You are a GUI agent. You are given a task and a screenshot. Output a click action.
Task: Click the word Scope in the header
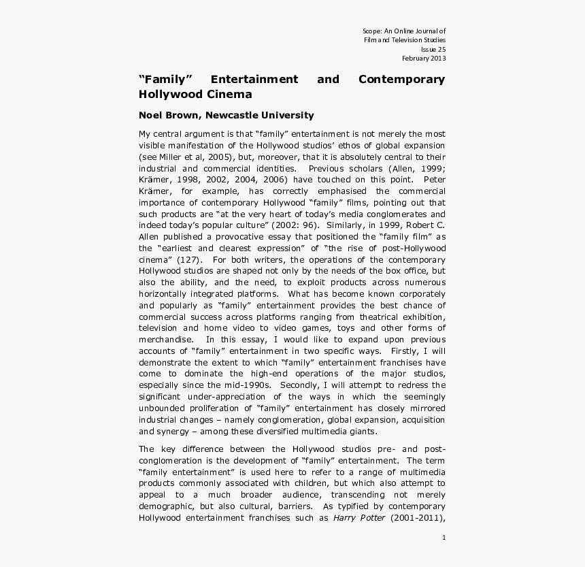[x=371, y=31]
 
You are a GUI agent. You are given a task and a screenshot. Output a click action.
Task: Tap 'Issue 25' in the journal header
[x=433, y=49]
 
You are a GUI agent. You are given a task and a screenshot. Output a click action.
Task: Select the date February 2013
[x=424, y=58]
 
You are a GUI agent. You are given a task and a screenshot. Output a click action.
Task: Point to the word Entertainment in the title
[x=254, y=79]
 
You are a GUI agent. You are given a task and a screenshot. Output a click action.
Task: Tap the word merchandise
[x=164, y=340]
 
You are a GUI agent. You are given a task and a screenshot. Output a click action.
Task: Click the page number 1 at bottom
[x=444, y=538]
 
